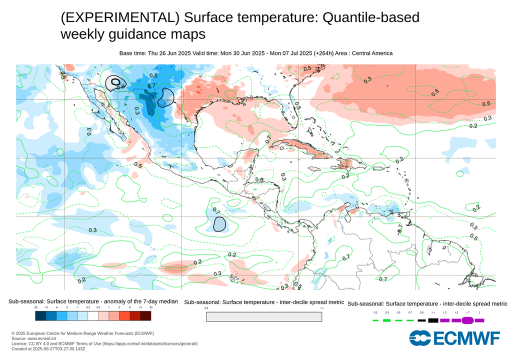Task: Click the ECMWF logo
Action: tap(454, 338)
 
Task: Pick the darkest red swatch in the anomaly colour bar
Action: tap(145, 316)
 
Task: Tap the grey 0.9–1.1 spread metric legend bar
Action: tap(264, 317)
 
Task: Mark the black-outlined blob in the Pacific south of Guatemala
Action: tap(219, 224)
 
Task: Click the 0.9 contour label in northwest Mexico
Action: tap(120, 86)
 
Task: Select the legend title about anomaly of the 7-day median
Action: tap(93, 301)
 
